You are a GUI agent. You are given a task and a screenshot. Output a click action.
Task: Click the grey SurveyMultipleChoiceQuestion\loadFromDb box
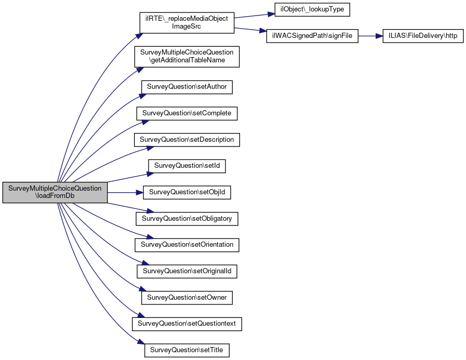tap(55, 192)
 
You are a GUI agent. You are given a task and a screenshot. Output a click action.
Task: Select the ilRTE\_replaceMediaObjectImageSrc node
tap(187, 22)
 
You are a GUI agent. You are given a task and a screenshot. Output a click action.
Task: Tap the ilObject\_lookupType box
tap(312, 9)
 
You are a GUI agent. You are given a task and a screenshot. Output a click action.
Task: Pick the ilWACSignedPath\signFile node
tap(312, 36)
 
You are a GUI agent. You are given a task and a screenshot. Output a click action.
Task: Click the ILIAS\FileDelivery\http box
tap(423, 36)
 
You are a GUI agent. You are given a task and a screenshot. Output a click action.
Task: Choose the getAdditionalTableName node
tap(187, 57)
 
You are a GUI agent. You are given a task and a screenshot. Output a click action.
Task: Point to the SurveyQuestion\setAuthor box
tap(187, 87)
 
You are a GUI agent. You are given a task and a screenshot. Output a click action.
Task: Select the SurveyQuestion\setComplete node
tap(187, 113)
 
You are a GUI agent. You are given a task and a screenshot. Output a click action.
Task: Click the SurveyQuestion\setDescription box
tap(187, 140)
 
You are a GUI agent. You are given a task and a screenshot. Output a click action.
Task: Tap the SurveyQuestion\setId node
tap(187, 166)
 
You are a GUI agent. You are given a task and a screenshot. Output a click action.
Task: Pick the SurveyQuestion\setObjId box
tap(187, 192)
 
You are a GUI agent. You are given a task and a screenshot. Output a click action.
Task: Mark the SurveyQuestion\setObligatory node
tap(187, 219)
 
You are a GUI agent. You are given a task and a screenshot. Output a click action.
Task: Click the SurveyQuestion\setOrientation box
tap(187, 245)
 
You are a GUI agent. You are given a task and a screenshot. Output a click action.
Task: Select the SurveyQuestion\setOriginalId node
tap(187, 271)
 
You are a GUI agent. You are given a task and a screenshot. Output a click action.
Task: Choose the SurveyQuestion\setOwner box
tap(187, 298)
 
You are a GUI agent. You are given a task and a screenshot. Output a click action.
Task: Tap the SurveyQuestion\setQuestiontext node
tap(187, 324)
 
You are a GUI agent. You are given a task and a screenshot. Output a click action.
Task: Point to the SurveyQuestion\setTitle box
tap(187, 350)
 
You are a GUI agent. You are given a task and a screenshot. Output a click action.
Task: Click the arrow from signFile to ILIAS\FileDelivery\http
tap(370, 36)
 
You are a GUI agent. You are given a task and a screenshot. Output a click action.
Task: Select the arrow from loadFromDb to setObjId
tap(125, 193)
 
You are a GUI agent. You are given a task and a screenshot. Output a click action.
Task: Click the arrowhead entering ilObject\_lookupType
tap(271, 14)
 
